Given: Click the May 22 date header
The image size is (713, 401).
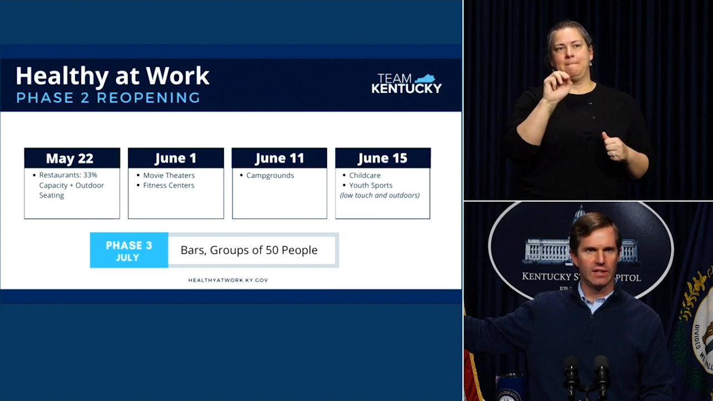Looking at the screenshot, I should tap(70, 158).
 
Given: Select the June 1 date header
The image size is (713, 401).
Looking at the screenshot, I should tap(175, 158).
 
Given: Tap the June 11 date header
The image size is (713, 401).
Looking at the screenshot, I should tap(279, 158).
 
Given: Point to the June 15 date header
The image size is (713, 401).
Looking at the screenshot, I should tap(383, 158).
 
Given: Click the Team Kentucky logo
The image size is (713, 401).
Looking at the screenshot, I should tap(406, 84).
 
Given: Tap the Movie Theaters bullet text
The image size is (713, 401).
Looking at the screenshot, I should tap(169, 175).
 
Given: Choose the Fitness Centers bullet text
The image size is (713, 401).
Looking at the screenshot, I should tap(169, 185).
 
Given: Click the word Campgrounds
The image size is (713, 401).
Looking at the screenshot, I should tap(270, 175).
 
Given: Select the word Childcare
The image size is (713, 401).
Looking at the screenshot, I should tap(365, 175).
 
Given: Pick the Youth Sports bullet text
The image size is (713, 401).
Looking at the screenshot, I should tap(370, 185).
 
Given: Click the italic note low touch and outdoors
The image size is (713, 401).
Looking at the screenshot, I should tap(380, 195).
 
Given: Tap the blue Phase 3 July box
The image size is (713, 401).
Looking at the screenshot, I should tap(129, 251).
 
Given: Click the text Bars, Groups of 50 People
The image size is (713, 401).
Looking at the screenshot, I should tap(249, 250).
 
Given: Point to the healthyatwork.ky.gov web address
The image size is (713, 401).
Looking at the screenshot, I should tap(228, 280).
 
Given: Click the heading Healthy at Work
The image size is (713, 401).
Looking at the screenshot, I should tap(113, 76).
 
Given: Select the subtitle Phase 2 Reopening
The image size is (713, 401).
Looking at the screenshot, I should tap(108, 98).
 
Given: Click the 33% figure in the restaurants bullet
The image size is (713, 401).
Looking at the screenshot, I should tap(90, 175).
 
